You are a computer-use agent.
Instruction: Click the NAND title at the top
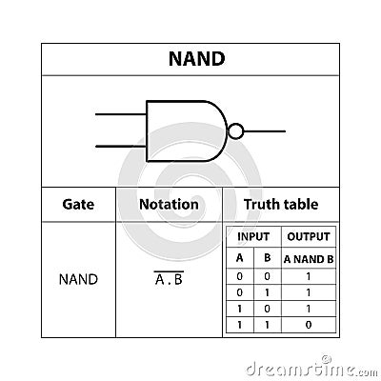[x=196, y=58]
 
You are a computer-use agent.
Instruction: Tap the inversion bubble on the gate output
[x=236, y=130]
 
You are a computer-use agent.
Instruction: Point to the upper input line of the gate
[x=120, y=115]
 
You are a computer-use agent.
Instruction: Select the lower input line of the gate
[x=120, y=146]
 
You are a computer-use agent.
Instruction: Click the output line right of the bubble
[x=264, y=130]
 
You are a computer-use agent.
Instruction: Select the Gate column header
[x=77, y=204]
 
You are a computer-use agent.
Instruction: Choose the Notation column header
[x=169, y=204]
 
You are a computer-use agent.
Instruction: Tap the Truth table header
[x=281, y=204]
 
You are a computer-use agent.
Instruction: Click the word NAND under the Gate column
[x=78, y=280]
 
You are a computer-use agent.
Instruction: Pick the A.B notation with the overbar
[x=169, y=280]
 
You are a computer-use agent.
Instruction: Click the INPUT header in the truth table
[x=253, y=236]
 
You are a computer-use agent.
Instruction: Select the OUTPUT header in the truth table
[x=309, y=236]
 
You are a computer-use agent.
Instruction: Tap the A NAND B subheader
[x=309, y=258]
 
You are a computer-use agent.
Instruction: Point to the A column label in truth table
[x=239, y=258]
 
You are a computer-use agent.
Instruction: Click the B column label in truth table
[x=268, y=258]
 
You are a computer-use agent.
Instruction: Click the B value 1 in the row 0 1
[x=268, y=292]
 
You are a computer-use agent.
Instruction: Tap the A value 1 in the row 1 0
[x=239, y=309]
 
